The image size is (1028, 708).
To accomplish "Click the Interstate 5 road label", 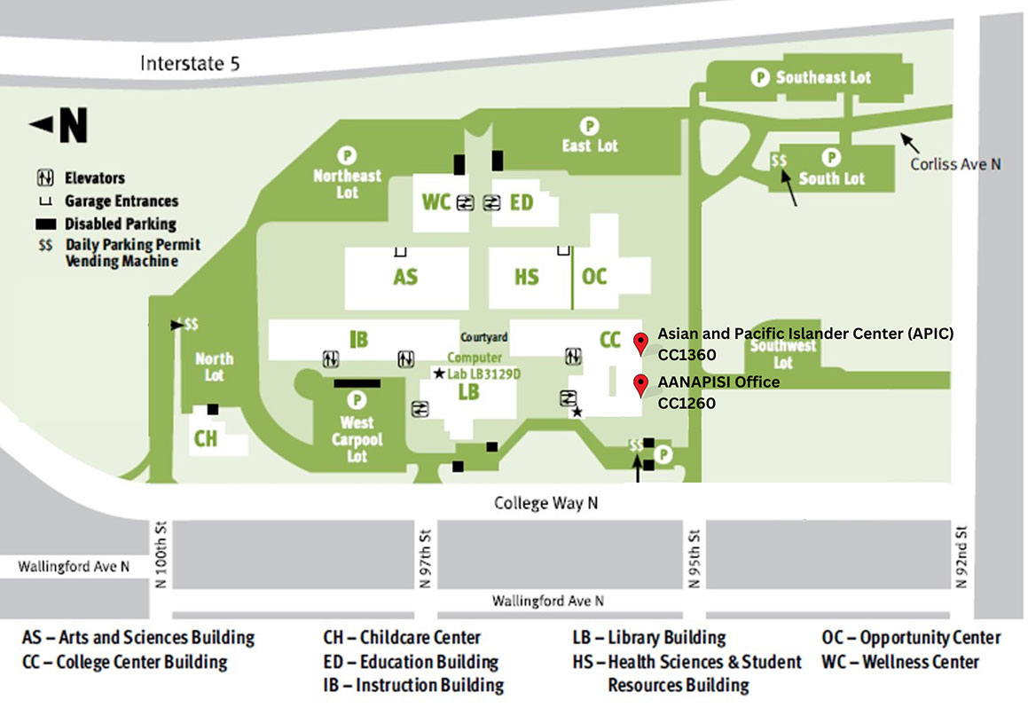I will [190, 64].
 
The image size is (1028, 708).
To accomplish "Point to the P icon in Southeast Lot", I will [759, 78].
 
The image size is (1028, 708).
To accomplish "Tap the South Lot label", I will [831, 178].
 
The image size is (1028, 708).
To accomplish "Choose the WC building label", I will [436, 202].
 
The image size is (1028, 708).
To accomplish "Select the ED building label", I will [522, 202].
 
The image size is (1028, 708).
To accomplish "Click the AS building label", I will [405, 277].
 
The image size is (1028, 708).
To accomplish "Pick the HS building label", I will [527, 277].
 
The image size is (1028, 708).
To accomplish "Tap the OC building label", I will [594, 276].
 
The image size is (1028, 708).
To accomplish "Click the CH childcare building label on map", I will [206, 439].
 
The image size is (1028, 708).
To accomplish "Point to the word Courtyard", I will [484, 337].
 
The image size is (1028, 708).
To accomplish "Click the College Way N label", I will [545, 503].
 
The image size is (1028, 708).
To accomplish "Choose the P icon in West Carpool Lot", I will [357, 400].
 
